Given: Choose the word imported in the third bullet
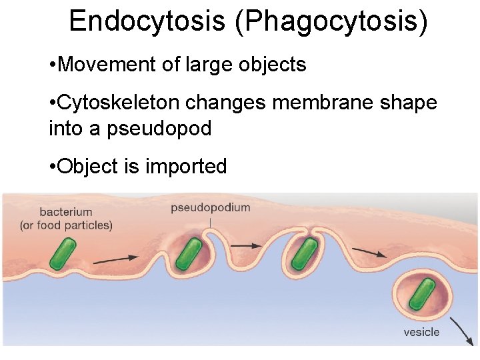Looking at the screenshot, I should click(x=187, y=166).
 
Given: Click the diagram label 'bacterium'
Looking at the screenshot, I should click(x=66, y=212).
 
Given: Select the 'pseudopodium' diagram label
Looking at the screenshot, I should click(x=211, y=207).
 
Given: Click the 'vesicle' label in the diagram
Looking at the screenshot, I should click(x=421, y=331).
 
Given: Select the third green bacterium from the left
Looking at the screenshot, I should click(x=304, y=254).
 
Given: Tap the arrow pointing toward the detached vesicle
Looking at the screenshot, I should click(x=369, y=251).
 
